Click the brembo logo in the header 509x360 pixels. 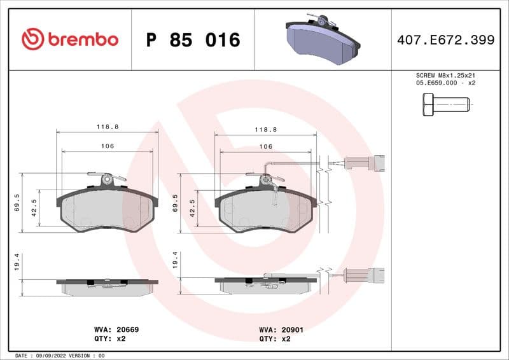click(69, 39)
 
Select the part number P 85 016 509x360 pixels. click(193, 40)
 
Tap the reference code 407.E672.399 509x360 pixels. click(445, 40)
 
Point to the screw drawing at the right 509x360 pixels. click(445, 104)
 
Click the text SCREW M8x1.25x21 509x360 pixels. click(445, 75)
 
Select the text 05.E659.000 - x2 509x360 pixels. click(445, 83)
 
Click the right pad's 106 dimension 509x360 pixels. click(266, 146)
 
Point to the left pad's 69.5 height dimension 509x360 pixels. click(17, 202)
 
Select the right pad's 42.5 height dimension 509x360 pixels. click(192, 207)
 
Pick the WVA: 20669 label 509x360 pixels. click(116, 330)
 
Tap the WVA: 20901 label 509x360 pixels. click(275, 330)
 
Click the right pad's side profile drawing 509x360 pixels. click(266, 284)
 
